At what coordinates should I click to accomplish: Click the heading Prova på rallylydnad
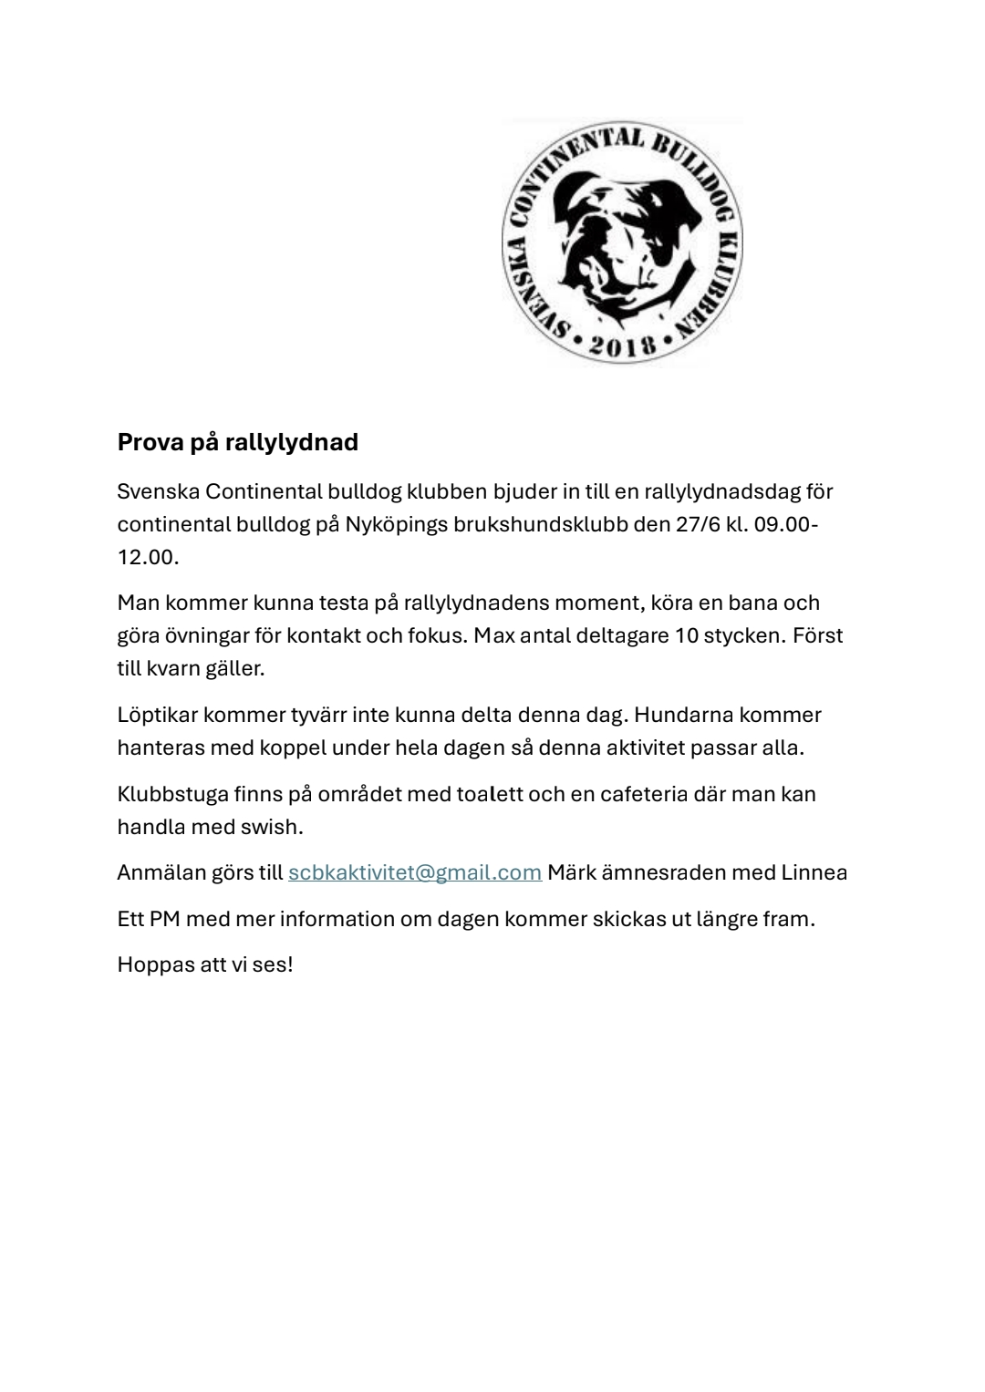pos(237,442)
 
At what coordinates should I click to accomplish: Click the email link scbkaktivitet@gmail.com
pos(415,872)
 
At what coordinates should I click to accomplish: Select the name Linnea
pos(814,872)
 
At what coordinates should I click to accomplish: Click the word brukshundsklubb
pos(541,525)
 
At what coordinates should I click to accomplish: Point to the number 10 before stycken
pos(686,635)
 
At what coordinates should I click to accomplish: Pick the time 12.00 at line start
pos(146,557)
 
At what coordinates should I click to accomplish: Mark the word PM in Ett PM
pos(164,918)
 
